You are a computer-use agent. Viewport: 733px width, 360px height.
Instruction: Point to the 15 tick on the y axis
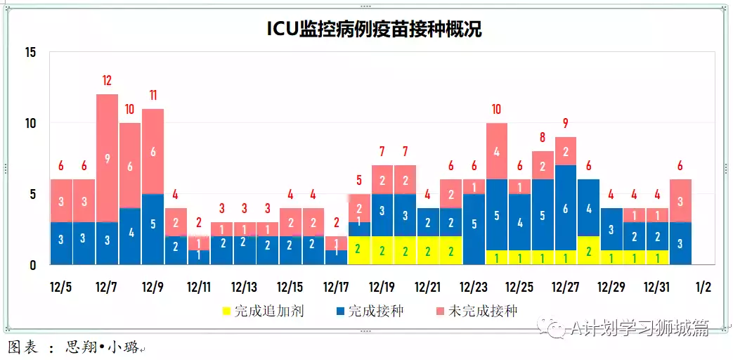(x=30, y=53)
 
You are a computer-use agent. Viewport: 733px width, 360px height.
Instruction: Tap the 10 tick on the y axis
(x=30, y=124)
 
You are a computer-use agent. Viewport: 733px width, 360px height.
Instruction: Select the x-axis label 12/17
(x=336, y=288)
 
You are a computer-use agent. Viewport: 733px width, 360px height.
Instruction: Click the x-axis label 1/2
(x=703, y=288)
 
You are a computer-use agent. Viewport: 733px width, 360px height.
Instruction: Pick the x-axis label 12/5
(x=61, y=288)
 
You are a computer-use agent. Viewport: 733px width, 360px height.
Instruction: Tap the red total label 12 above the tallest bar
(x=107, y=80)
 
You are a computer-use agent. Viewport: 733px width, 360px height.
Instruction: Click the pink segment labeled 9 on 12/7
(x=107, y=158)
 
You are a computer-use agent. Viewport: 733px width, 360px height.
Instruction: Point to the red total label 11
(x=153, y=95)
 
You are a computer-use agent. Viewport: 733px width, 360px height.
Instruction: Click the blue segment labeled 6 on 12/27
(x=565, y=208)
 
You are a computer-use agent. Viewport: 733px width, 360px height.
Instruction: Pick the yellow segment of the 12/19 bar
(x=382, y=250)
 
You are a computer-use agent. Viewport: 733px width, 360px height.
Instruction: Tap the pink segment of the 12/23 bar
(x=474, y=186)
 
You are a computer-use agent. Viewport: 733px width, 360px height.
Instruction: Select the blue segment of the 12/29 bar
(x=611, y=229)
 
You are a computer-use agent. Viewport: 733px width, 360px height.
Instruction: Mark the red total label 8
(x=543, y=137)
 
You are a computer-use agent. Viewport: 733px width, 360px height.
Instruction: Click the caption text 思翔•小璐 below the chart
(x=102, y=347)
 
